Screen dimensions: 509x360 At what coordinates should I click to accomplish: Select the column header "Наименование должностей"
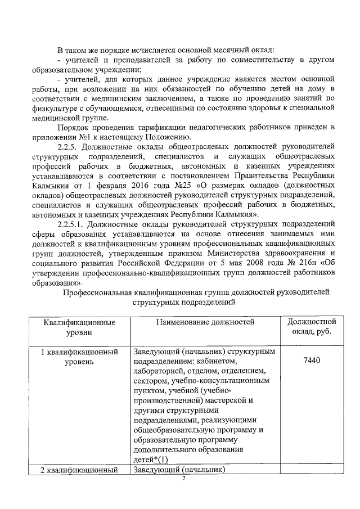tap(205, 322)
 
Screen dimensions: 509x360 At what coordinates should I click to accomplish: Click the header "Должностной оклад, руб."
tap(312, 327)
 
